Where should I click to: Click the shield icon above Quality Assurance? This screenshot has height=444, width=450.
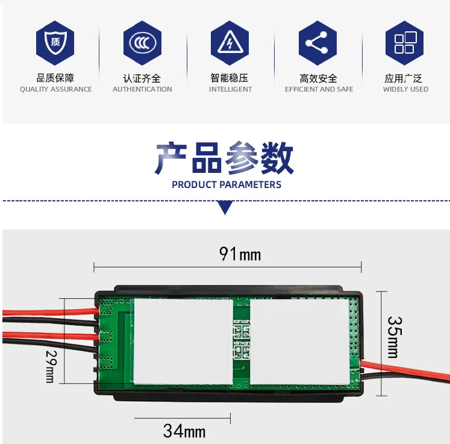coord(55,43)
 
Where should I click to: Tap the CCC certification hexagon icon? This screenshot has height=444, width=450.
coord(142,43)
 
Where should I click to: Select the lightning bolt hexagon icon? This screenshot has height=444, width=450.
coord(230,43)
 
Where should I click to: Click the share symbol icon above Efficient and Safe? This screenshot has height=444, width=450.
coord(317,43)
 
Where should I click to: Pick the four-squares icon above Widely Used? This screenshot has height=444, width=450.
coord(405,43)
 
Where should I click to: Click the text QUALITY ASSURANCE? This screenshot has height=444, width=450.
coord(56,89)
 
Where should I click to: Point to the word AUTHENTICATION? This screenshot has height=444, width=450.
coord(142,89)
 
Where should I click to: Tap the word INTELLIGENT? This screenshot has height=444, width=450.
coord(230,89)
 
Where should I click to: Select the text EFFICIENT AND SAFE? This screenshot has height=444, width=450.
coord(319,89)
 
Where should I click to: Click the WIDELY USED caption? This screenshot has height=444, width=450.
coord(405,89)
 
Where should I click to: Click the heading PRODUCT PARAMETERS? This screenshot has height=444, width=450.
coord(227,184)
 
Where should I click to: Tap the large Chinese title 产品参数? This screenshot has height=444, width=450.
coord(225,158)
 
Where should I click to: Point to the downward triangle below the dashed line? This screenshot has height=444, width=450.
coord(225,208)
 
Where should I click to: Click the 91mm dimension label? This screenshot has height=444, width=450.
coord(240,254)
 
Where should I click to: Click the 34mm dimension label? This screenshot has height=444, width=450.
coord(184,431)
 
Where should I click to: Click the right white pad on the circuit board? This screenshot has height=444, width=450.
coord(299,342)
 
